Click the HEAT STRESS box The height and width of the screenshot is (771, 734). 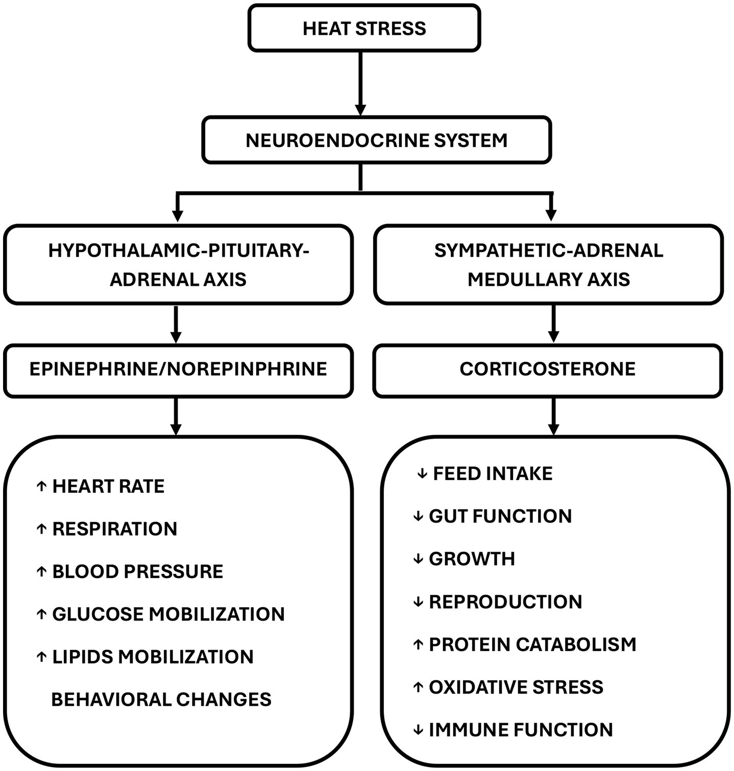pyautogui.click(x=364, y=28)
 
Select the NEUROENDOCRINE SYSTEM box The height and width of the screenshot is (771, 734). pyautogui.click(x=376, y=140)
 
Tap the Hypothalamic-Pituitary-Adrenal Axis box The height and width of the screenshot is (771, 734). pyautogui.click(x=178, y=265)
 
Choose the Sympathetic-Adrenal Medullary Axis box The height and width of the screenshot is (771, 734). pyautogui.click(x=548, y=265)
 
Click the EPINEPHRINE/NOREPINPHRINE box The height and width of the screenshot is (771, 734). pyautogui.click(x=178, y=369)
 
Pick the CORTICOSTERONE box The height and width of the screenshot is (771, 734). pyautogui.click(x=547, y=369)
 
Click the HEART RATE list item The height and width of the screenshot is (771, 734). pyautogui.click(x=108, y=487)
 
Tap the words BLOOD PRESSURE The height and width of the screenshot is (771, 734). pyautogui.click(x=137, y=571)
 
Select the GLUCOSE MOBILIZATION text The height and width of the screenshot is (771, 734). pyautogui.click(x=168, y=614)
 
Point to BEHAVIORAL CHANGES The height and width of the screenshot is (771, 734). pyautogui.click(x=161, y=700)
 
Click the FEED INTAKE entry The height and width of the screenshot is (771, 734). pyautogui.click(x=493, y=474)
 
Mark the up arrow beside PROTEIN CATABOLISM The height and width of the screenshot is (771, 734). pyautogui.click(x=418, y=645)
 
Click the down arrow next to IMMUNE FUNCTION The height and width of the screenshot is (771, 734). pyautogui.click(x=418, y=730)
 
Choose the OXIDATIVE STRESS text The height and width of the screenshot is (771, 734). pyautogui.click(x=516, y=687)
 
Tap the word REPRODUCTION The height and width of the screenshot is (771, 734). pyautogui.click(x=505, y=602)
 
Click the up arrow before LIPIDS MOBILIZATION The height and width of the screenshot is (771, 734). pyautogui.click(x=41, y=657)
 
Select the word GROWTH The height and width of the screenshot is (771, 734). pyautogui.click(x=472, y=559)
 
